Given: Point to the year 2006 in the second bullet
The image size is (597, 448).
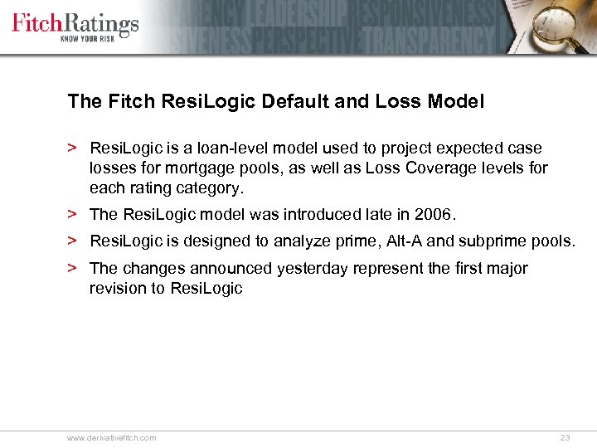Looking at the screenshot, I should (x=434, y=215).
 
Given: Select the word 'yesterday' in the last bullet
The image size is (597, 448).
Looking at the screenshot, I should (x=315, y=268).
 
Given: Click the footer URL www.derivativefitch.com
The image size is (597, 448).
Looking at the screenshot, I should (x=112, y=437).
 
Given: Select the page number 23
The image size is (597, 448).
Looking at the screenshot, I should (x=565, y=437).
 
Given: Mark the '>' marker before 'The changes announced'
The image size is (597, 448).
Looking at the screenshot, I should (x=73, y=268).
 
